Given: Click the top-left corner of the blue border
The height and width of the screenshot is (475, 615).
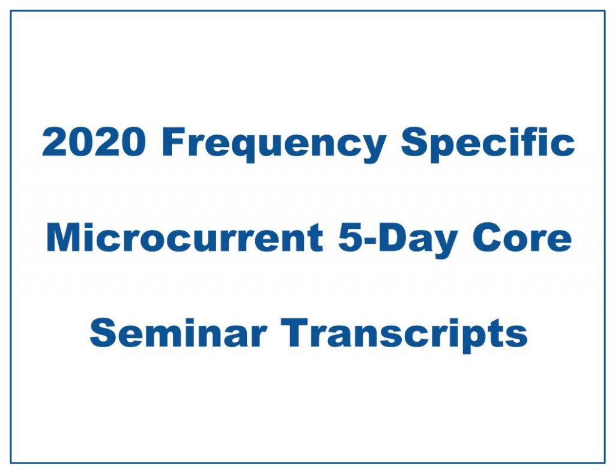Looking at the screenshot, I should click(11, 11).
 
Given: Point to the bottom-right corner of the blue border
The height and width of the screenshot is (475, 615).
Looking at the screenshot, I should click(604, 463).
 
